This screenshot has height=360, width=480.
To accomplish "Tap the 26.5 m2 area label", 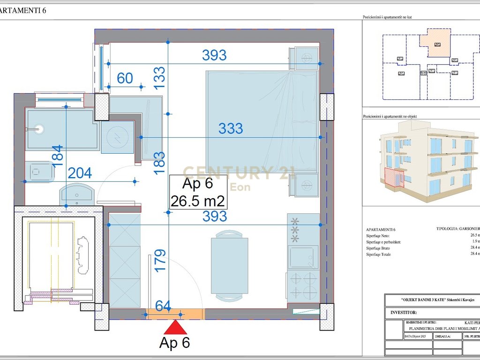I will point(198,202).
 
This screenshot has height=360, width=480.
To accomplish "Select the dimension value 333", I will point(230,128).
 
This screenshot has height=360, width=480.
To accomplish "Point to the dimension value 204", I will point(80,173).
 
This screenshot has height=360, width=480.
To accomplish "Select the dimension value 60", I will point(125,78).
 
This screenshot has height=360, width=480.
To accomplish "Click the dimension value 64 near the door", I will point(163,306).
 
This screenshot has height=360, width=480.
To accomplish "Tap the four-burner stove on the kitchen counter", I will point(303,286).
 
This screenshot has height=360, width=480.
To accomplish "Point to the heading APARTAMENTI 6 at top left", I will point(23,10).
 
